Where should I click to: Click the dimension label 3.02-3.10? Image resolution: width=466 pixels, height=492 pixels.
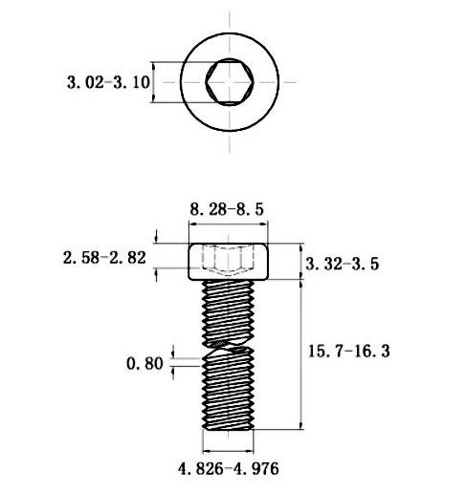[x=108, y=83]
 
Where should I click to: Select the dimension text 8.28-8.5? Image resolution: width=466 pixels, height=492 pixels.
[x=227, y=207]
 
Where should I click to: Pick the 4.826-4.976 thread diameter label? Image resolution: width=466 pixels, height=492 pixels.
[x=228, y=468]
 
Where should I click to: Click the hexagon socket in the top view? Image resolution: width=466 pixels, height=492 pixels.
[x=229, y=82]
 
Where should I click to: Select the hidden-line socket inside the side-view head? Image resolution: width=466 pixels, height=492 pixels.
[x=228, y=258]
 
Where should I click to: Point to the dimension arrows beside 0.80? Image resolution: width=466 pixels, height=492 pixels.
[x=174, y=363]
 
